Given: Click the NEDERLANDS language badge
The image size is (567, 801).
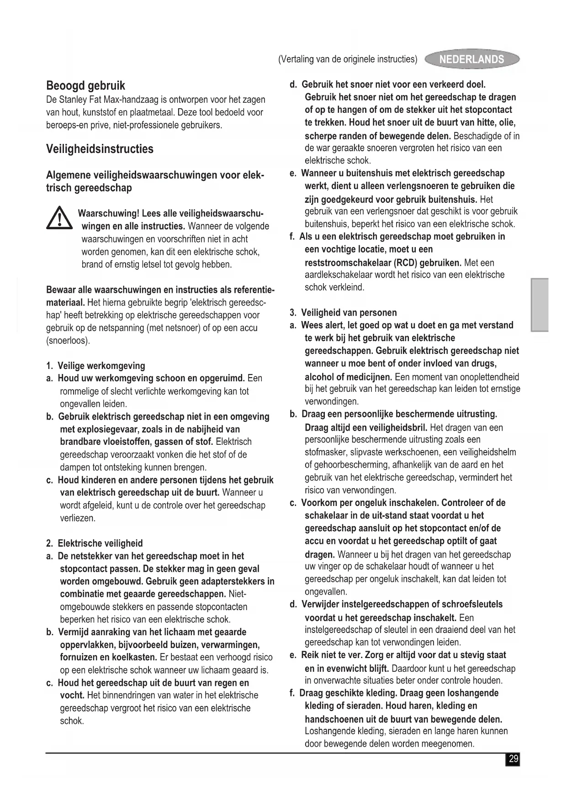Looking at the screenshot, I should [472, 59].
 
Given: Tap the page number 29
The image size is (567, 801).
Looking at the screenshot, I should [513, 759].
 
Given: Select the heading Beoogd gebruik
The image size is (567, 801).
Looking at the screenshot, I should [85, 86].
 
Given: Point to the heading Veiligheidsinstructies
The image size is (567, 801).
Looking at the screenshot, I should [100, 149].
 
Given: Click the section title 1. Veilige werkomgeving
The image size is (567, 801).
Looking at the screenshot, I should [95, 366].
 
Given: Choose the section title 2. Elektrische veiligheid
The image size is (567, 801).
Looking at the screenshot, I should [95, 543].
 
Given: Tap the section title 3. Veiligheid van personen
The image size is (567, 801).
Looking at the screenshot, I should [343, 313].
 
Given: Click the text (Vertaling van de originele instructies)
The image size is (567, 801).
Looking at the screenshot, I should [348, 59].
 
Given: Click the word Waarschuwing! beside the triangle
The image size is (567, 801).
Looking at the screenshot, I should [108, 214].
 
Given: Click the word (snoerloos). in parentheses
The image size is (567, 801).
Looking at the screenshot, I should [68, 341].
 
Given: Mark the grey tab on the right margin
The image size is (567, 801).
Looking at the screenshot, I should [540, 305].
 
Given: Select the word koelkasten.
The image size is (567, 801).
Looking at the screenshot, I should [137, 658].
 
